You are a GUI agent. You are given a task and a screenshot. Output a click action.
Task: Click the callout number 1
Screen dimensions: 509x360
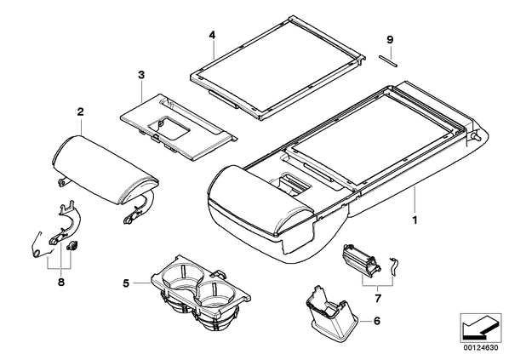click(415, 220)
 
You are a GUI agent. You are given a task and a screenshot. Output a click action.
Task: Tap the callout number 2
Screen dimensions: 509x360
click(80, 112)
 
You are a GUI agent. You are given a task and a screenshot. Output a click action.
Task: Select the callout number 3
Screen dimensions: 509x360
click(141, 75)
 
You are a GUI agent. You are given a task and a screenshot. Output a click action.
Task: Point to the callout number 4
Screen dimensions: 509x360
click(212, 35)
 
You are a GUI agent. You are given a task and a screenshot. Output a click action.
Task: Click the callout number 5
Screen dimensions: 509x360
click(126, 283)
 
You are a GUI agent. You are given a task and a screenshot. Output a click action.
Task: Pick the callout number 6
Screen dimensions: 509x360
click(376, 321)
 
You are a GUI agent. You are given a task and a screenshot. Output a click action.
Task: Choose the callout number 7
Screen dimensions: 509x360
click(378, 298)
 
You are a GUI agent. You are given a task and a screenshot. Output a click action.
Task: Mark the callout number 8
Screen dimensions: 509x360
click(61, 282)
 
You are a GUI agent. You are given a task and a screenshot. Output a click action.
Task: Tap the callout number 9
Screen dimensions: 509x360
click(390, 40)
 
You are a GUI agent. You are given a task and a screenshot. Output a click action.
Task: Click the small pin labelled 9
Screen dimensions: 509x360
click(388, 61)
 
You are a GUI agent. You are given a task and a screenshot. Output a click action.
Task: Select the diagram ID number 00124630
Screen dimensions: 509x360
click(480, 348)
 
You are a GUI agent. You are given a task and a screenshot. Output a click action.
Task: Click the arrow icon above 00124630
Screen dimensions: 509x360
click(481, 328)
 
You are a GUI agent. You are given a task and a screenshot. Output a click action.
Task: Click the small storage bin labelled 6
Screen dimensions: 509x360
click(332, 315)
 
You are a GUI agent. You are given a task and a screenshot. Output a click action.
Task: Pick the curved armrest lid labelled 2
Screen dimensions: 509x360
click(104, 169)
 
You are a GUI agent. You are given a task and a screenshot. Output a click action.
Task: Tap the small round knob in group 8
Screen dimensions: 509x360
click(71, 247)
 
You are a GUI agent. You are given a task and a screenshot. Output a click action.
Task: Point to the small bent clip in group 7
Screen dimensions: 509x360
click(393, 266)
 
